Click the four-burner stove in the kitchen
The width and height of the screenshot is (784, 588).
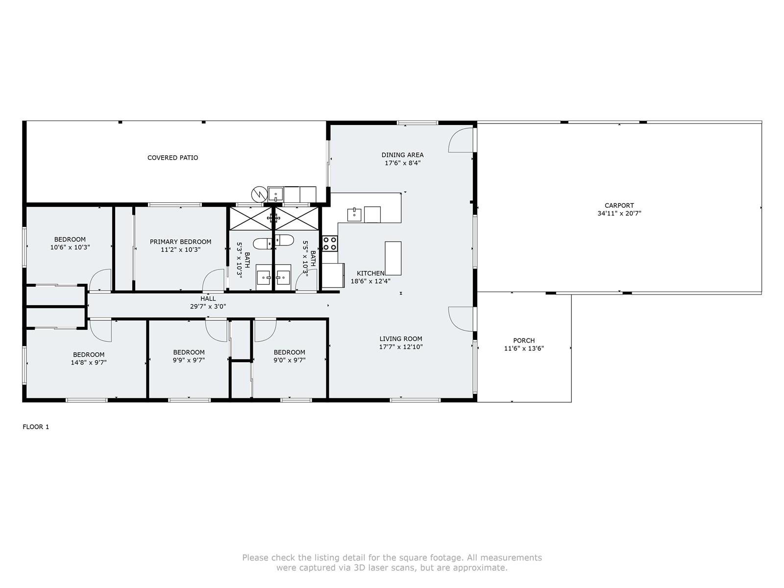[x=330, y=244]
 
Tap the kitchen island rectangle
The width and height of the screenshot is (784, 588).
[x=393, y=258]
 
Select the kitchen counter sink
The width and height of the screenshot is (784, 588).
[x=354, y=215]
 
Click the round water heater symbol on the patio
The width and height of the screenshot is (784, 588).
[x=259, y=195]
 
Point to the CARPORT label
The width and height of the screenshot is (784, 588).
[x=619, y=205]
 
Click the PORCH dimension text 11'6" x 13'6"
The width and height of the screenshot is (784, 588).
[x=524, y=348]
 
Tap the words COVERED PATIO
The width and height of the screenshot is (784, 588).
[x=172, y=157]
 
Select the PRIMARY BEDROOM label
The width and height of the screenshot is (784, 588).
[x=180, y=242]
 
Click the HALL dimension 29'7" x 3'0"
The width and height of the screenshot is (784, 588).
[x=208, y=306]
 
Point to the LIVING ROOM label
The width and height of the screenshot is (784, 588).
[x=401, y=339]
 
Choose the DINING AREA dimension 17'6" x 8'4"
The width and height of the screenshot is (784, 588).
[x=403, y=163]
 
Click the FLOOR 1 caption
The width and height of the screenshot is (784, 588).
[x=36, y=427]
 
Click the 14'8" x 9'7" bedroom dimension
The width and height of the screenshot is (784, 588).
[x=89, y=363]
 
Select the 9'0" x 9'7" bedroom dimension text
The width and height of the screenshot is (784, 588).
[x=289, y=360]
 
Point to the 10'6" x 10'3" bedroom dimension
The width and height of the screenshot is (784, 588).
[x=70, y=247]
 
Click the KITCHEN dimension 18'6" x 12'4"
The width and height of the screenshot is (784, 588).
[x=370, y=281]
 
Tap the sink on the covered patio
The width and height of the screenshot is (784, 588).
[x=275, y=194]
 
